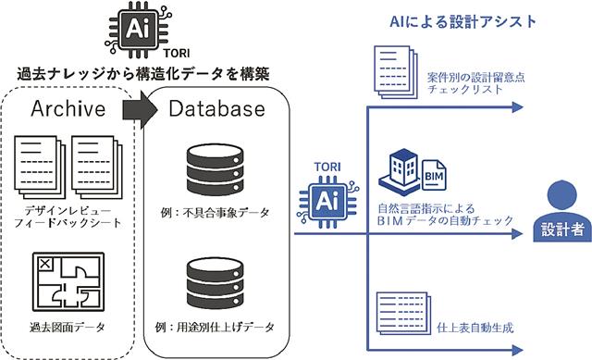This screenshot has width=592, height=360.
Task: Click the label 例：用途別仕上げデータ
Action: [x=214, y=328]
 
